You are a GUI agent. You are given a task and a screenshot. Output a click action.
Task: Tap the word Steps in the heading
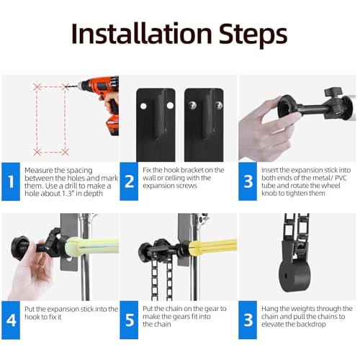click(x=253, y=35)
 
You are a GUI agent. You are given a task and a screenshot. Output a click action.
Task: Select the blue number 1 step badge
click(x=11, y=181)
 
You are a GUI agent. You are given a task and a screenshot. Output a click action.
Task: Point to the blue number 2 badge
click(x=129, y=181)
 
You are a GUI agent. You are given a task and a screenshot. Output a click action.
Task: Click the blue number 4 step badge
click(x=11, y=320)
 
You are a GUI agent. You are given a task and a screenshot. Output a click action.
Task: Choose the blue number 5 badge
click(x=129, y=320)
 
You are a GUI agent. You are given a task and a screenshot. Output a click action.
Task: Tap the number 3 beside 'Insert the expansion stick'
click(x=248, y=181)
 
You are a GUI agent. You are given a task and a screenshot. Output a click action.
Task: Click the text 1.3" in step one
click(x=66, y=194)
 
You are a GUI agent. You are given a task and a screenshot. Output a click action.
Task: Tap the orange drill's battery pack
click(x=112, y=125)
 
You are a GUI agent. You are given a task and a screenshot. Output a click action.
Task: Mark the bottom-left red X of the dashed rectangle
click(x=37, y=152)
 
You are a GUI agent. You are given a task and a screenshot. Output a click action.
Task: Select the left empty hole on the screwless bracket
click(x=143, y=106)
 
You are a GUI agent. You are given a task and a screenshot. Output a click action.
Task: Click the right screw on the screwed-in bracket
click(x=218, y=105)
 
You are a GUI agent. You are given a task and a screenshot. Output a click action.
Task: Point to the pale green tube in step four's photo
click(x=92, y=246)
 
